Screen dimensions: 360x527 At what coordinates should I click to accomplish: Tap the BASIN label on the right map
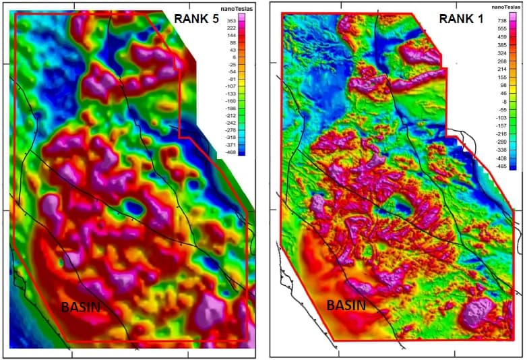coord(346,305)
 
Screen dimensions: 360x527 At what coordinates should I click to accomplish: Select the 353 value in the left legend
coord(231,22)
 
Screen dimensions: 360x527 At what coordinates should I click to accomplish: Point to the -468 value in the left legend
coord(230,153)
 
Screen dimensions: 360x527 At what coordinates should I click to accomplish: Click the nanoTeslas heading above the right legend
coord(504,7)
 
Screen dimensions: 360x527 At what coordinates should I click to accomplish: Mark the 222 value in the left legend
coord(231,28)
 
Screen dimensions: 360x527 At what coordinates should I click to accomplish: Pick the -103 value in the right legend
coord(502,117)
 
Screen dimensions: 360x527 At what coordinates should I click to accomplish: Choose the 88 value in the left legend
coord(231,43)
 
